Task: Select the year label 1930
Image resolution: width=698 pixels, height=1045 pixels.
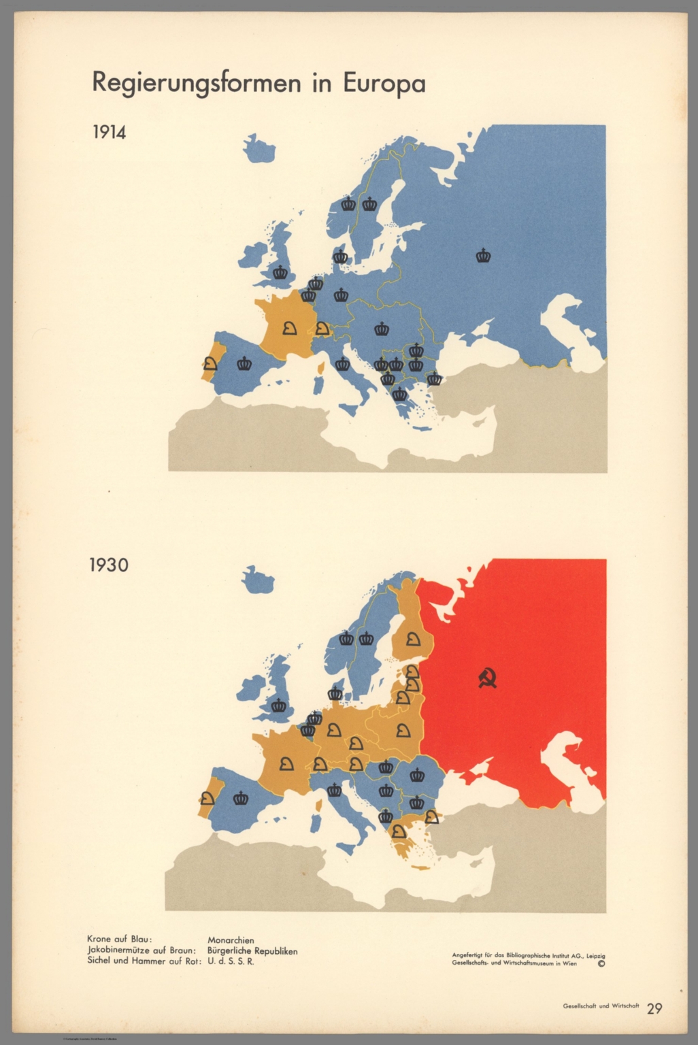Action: [109, 565]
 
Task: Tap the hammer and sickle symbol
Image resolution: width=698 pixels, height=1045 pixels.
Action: [488, 678]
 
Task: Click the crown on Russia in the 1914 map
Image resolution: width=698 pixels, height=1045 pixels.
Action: [484, 256]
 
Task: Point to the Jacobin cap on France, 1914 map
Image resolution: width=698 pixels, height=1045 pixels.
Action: [289, 329]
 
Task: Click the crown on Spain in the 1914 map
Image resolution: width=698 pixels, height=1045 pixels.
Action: [244, 364]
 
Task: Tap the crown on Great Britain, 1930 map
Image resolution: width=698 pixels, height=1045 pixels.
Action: [280, 706]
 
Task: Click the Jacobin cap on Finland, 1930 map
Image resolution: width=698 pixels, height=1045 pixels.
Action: [413, 640]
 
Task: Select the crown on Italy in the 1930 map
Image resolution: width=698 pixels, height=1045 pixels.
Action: [334, 791]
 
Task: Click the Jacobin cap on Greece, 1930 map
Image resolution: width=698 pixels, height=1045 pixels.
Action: [397, 831]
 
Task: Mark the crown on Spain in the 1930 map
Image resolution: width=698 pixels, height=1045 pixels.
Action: [241, 799]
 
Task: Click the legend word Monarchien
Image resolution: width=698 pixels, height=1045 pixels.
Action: [231, 940]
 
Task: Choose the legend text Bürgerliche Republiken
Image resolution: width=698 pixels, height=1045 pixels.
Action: [252, 951]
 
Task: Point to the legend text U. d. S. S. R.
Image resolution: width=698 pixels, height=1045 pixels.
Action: [231, 962]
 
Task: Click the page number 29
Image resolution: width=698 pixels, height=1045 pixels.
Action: [654, 1009]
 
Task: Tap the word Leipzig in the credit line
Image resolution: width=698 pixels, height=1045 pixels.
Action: [593, 955]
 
